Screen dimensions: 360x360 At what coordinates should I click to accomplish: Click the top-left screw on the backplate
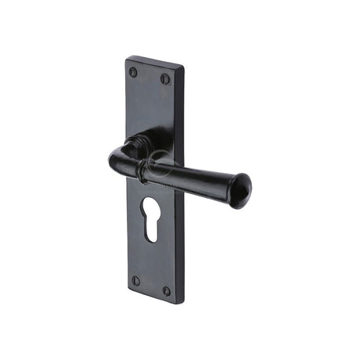[x=133, y=72]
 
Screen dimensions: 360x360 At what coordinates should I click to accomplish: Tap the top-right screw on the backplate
[x=165, y=78]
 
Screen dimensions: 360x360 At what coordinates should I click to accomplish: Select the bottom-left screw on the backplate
[x=135, y=280]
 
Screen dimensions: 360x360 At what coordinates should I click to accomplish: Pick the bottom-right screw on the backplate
[x=166, y=290]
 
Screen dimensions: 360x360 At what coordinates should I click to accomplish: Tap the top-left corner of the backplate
[x=128, y=57]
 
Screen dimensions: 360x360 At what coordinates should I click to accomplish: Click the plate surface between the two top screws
[x=149, y=75]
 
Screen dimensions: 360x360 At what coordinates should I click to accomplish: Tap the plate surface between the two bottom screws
[x=150, y=285]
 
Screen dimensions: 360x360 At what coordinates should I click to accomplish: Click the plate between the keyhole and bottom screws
[x=151, y=262]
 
